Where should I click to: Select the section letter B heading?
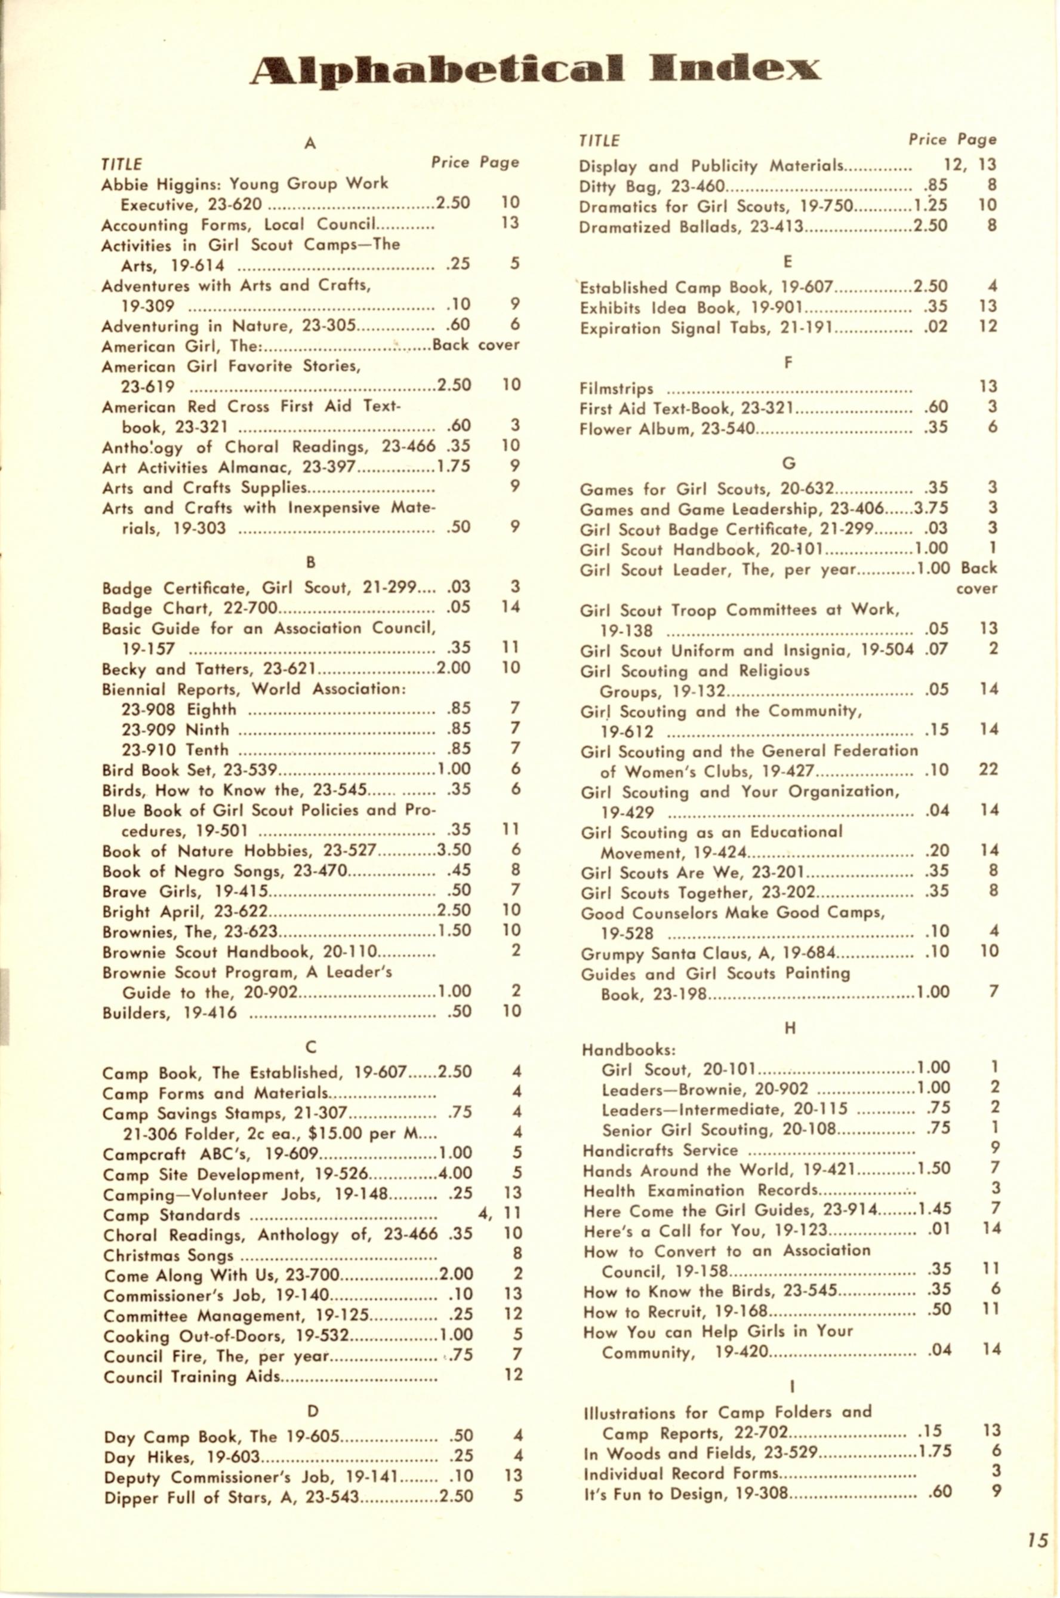click(x=310, y=562)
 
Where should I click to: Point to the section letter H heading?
click(x=790, y=1028)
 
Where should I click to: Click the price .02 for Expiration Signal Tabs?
click(x=936, y=327)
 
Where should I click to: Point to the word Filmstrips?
click(x=616, y=389)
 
